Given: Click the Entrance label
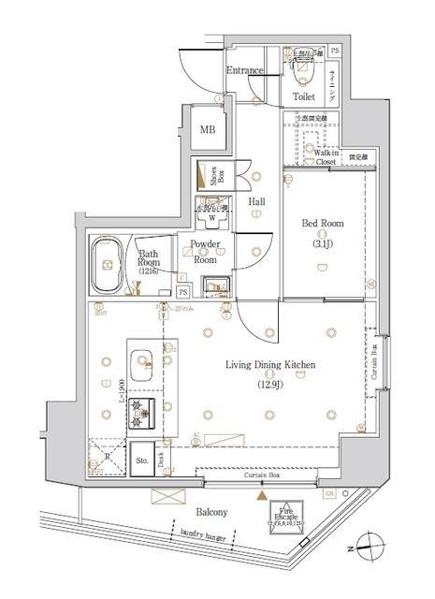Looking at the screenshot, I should pyautogui.click(x=245, y=70).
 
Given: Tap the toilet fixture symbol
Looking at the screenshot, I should pyautogui.click(x=305, y=66).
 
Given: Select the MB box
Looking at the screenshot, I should pyautogui.click(x=206, y=129).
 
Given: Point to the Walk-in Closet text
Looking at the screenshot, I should pyautogui.click(x=326, y=157).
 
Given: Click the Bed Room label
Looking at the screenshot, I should pyautogui.click(x=322, y=224).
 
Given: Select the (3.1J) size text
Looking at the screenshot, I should pyautogui.click(x=322, y=245).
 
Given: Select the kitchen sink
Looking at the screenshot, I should pyautogui.click(x=143, y=361).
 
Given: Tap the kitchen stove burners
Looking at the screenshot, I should pyautogui.click(x=142, y=406).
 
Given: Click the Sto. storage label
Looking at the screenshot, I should pyautogui.click(x=142, y=460).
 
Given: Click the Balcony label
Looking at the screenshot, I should pyautogui.click(x=212, y=512).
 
